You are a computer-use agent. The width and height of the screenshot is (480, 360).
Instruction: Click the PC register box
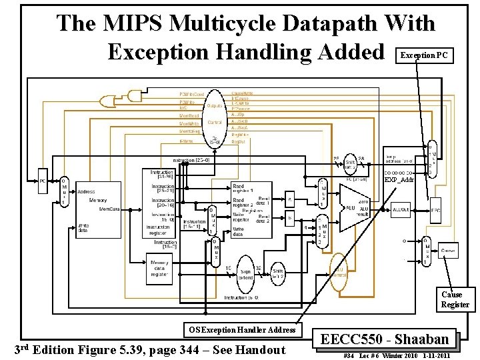tap(43, 181)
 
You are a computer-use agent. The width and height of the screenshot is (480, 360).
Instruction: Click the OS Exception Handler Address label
tap(241, 329)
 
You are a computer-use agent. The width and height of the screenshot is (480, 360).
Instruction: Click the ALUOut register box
tap(401, 209)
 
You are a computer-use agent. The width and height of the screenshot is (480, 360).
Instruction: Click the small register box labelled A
tap(290, 199)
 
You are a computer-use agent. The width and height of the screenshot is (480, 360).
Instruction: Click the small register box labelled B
tap(290, 217)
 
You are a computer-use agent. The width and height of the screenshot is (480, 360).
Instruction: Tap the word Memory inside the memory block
tap(98, 200)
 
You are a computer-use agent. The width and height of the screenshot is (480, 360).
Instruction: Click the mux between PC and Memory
tap(64, 192)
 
